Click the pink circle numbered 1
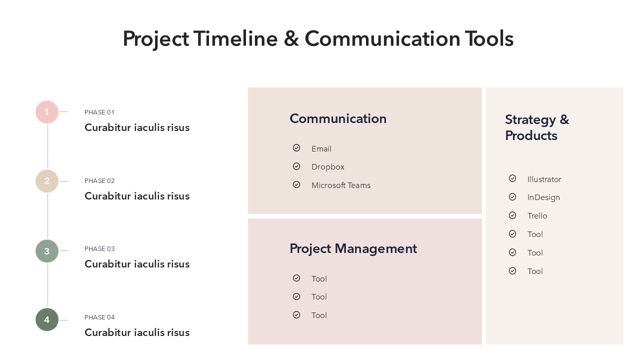47,112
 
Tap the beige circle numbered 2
47,181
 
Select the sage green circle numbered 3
47,251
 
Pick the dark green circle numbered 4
47,319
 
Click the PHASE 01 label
99,112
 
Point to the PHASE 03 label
99,249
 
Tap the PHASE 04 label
99,317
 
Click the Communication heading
338,118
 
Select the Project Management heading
353,249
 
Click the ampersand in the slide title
291,38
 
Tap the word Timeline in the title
235,38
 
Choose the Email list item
321,149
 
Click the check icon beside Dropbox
296,166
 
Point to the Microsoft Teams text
341,185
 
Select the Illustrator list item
544,179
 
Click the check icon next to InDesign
512,197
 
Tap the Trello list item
537,216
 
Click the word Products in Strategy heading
531,135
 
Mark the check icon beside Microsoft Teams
296,184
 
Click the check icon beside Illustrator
512,178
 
